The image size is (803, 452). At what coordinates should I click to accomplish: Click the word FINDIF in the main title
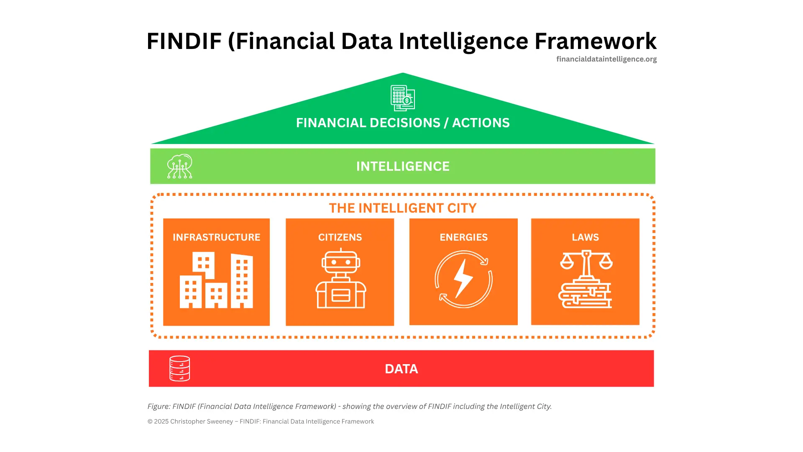click(x=184, y=41)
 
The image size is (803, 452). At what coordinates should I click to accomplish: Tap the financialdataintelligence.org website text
click(x=606, y=59)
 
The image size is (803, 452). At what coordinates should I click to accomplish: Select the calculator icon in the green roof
click(x=402, y=98)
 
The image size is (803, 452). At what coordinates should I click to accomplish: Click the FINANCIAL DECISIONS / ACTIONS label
click(x=403, y=123)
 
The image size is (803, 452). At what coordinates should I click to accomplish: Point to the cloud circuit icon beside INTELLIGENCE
click(x=179, y=166)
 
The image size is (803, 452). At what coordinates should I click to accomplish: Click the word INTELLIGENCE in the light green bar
click(x=403, y=166)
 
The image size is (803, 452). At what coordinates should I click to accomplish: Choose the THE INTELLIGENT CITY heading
click(x=403, y=208)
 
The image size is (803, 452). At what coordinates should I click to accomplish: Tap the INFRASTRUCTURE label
click(x=216, y=237)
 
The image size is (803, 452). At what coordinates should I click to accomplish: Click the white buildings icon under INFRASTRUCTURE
click(x=216, y=280)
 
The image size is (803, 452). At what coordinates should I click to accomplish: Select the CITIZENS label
click(x=340, y=237)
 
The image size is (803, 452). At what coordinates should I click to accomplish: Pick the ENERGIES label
click(x=463, y=237)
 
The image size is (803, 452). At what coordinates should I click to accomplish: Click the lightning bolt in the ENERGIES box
click(x=463, y=278)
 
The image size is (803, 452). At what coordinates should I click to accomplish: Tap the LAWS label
click(x=585, y=237)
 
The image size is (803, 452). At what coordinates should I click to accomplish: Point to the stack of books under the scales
click(x=585, y=295)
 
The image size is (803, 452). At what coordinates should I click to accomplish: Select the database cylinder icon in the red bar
click(x=179, y=368)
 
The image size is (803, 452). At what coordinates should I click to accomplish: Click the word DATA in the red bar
click(x=401, y=369)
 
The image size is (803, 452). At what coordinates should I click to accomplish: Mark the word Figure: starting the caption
click(x=159, y=406)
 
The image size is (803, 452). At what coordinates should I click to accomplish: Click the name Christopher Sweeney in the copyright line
click(x=202, y=421)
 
